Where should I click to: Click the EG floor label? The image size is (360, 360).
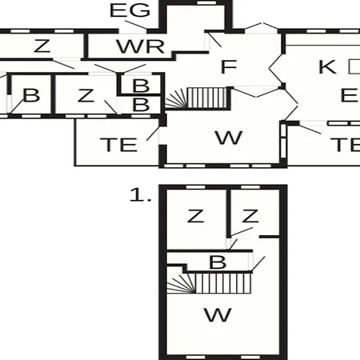(130, 10)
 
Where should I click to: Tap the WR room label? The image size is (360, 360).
(140, 46)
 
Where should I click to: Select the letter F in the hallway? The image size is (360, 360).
(229, 66)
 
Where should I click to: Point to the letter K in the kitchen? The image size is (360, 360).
(327, 66)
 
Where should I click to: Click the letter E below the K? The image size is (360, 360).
(350, 95)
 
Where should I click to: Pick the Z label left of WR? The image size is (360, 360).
(42, 46)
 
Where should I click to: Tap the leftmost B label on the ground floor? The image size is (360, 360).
(31, 95)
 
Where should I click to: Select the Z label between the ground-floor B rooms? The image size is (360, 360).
(86, 95)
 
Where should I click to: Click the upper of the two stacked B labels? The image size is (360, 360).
(141, 86)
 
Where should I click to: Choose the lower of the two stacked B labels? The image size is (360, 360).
(141, 105)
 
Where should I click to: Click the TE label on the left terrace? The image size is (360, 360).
(119, 145)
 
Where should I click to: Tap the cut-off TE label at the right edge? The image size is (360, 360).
(346, 145)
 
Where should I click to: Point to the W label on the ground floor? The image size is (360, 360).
(229, 138)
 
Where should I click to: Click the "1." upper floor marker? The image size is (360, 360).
(140, 194)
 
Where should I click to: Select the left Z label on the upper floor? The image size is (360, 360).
(196, 216)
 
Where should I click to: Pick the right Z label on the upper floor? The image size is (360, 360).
(250, 216)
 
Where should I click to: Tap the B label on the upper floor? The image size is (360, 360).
(218, 262)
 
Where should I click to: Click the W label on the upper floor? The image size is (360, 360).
(218, 315)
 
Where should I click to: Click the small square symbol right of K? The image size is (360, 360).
(354, 66)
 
